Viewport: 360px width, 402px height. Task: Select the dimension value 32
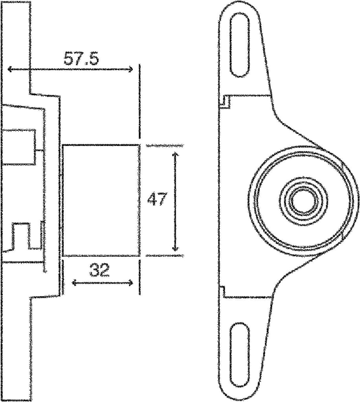(99, 270)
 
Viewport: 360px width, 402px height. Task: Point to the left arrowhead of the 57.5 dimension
(10, 69)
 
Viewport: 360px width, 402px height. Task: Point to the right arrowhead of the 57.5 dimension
(131, 69)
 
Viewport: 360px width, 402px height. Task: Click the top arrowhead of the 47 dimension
(176, 155)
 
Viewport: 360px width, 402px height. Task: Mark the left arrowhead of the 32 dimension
(73, 282)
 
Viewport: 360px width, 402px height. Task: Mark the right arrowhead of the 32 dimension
(131, 282)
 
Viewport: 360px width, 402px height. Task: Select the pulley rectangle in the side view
(101, 200)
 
